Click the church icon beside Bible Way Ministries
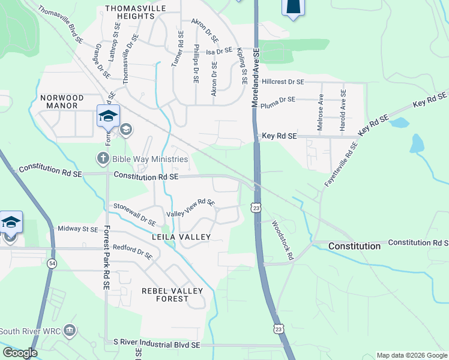click(103, 159)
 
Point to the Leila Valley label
click(181, 237)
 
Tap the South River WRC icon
click(70, 331)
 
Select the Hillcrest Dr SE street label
click(283, 81)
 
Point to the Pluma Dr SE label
click(279, 99)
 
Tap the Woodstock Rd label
click(282, 239)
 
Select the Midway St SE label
click(77, 229)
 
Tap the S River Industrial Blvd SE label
click(157, 345)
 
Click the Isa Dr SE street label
click(219, 52)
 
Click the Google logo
click(20, 353)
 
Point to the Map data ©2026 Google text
click(411, 355)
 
